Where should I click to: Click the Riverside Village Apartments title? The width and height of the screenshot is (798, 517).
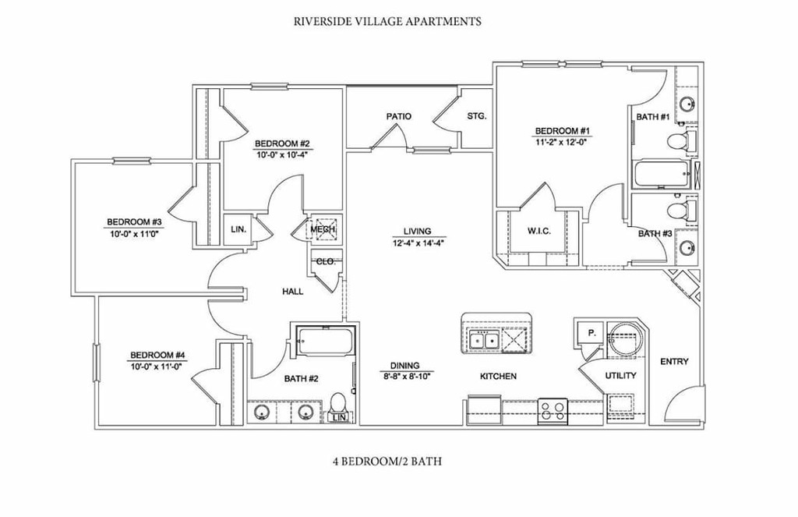click(x=387, y=21)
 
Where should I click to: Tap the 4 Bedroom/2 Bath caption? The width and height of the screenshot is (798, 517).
click(x=387, y=462)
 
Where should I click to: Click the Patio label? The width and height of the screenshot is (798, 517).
click(x=398, y=117)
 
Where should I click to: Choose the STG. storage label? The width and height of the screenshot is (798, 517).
click(x=477, y=116)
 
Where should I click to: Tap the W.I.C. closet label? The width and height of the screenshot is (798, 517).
click(x=539, y=232)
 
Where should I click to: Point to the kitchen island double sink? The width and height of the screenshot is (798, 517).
click(x=484, y=340)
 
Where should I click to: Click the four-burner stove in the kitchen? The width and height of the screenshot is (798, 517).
click(x=553, y=410)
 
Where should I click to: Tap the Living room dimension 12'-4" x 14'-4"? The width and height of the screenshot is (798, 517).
click(x=418, y=243)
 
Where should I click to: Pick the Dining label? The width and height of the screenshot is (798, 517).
click(x=405, y=365)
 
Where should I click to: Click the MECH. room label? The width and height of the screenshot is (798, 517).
click(x=323, y=230)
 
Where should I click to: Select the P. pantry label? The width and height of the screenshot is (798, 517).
click(x=592, y=333)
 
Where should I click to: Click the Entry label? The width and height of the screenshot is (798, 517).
click(x=674, y=362)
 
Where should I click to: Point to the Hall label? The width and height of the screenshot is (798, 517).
click(x=293, y=292)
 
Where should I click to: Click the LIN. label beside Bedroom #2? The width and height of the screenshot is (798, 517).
click(x=238, y=230)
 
